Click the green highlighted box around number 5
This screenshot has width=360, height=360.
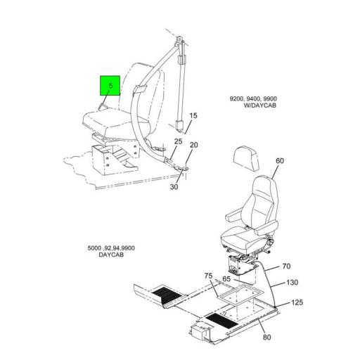pos(110,86)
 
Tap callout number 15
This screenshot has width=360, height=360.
pos(193,116)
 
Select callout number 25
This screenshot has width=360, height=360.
pos(178,141)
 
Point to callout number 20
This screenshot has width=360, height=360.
pos(194,145)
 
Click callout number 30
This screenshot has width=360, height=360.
pos(174,187)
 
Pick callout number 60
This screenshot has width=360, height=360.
pos(280,161)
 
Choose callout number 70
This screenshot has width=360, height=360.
pos(286,266)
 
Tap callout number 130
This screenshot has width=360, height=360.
pos(292,283)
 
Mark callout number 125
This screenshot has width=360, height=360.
pos(297,302)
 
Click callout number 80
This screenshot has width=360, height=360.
pos(267,337)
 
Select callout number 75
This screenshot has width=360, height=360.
pos(208,276)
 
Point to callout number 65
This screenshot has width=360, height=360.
pos(226,279)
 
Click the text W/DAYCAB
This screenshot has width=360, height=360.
pos(260,105)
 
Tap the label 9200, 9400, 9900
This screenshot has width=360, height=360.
pos(253,98)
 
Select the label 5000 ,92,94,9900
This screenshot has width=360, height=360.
pos(111,248)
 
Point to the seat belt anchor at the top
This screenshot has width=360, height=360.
pos(179,40)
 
